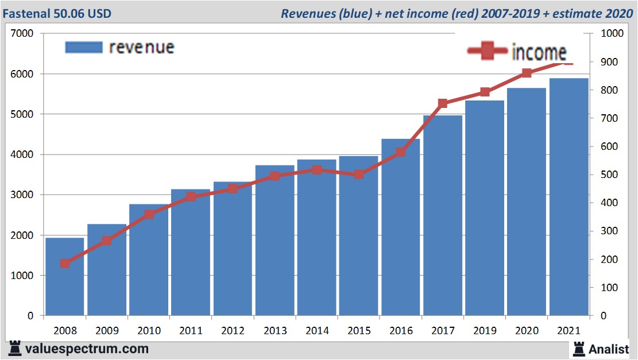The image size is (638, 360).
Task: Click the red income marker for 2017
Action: coord(443,103)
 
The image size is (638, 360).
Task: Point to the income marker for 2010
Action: coord(149,214)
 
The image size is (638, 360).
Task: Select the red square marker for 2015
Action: coord(358,174)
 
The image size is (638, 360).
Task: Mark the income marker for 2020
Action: coord(527,73)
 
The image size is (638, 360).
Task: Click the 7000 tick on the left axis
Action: coord(23,34)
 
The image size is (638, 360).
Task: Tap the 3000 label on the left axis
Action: coord(23,195)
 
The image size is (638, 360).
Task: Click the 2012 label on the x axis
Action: coord(233,331)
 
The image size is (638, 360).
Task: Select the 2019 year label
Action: coord(485,331)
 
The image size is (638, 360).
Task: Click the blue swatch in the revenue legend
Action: coord(84,47)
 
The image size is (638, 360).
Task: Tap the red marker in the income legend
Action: coord(488,51)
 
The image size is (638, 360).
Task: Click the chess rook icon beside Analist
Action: coord(579,348)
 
